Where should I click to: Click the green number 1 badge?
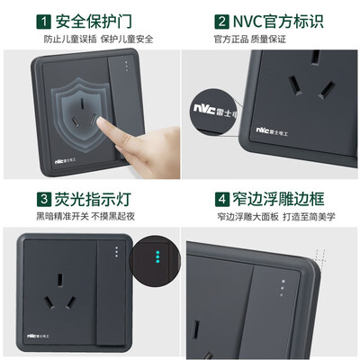[x=44, y=22]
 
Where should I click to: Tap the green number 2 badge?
[x=221, y=22]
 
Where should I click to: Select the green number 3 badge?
[x=44, y=199]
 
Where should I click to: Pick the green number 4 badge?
[x=222, y=199]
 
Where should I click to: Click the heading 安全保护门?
[x=94, y=22]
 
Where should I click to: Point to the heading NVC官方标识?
[x=278, y=22]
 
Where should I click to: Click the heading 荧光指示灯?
[x=93, y=199]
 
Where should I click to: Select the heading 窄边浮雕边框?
[x=279, y=199]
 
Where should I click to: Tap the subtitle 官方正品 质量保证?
[x=250, y=39]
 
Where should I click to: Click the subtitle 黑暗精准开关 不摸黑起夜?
[x=85, y=216]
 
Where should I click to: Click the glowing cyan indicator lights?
[x=157, y=256]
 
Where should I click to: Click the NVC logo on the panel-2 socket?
[x=272, y=131]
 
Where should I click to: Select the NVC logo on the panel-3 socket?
[x=38, y=336]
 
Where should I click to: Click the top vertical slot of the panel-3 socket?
[x=60, y=280]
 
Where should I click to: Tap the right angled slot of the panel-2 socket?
[x=326, y=90]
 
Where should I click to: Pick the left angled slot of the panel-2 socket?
[x=295, y=85]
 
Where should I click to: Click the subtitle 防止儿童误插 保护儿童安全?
[x=99, y=39]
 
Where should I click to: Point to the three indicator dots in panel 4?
[x=283, y=288]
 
